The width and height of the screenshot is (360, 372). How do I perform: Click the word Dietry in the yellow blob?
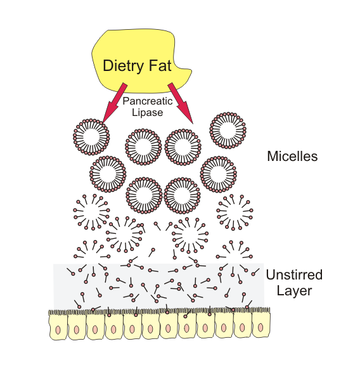(124, 65)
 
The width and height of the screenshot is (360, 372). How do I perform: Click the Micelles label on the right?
(291, 155)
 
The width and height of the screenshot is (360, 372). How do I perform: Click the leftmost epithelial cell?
(58, 327)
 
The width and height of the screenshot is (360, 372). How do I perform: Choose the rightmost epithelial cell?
(259, 327)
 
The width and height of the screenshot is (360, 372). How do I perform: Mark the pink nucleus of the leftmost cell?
(58, 330)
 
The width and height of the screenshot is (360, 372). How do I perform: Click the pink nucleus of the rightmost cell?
(259, 330)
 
